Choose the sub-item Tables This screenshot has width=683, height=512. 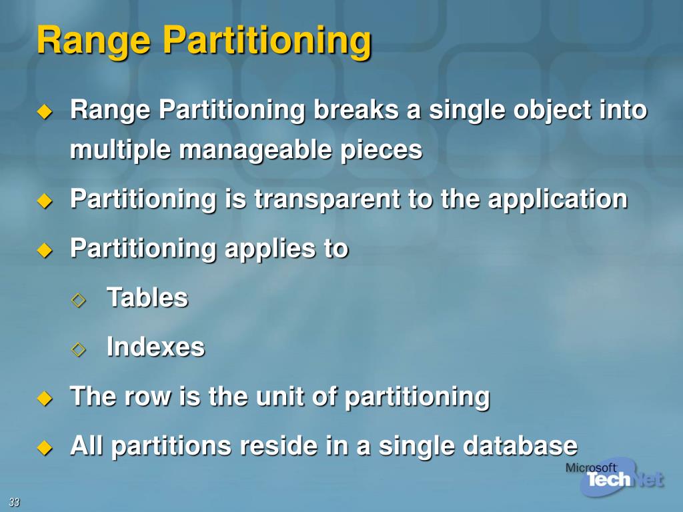(x=147, y=297)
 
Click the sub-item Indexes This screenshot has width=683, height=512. (x=155, y=347)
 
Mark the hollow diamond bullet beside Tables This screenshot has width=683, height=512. (x=79, y=299)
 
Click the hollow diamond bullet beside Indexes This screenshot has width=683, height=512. (x=79, y=348)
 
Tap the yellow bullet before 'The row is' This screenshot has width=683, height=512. (x=44, y=399)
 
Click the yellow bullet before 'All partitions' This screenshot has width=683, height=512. (x=44, y=447)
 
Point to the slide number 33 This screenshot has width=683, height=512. (x=14, y=502)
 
